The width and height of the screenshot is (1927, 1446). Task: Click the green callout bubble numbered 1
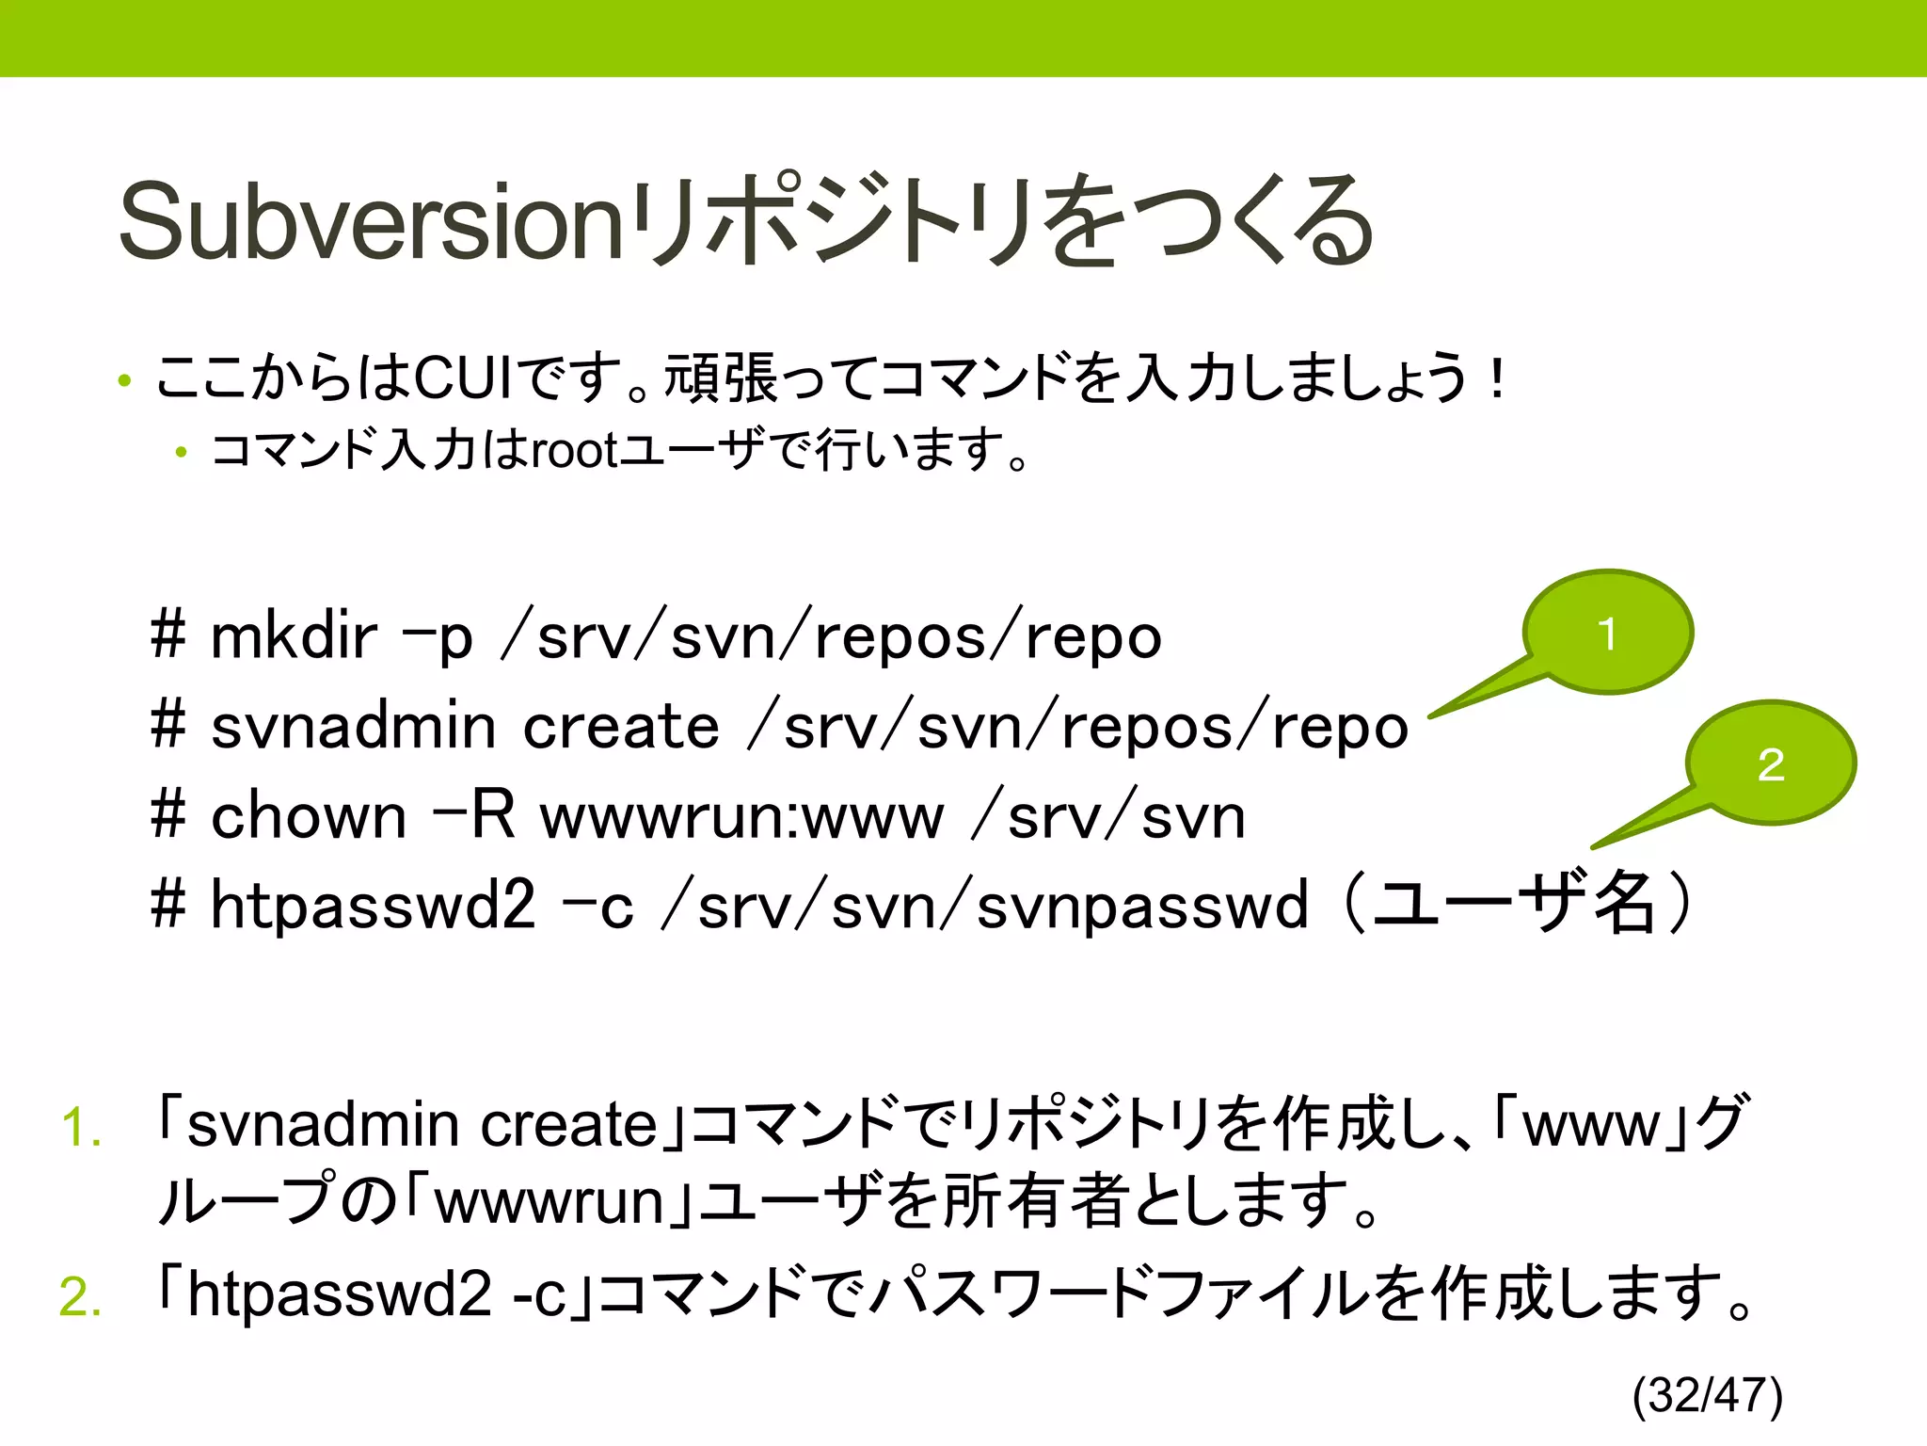[1608, 633]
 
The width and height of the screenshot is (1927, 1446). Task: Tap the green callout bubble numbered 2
[1771, 763]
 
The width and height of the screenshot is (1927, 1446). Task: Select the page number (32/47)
[1708, 1395]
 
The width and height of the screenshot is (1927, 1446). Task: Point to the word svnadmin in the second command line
[353, 727]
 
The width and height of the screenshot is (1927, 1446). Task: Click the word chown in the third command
[309, 815]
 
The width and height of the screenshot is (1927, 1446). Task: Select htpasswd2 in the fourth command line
[373, 905]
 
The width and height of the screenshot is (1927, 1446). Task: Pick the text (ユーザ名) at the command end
[1516, 904]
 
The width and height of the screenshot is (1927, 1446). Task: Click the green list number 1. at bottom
[81, 1127]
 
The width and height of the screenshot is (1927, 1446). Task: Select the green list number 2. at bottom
[81, 1296]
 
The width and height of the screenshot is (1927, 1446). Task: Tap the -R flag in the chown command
[474, 815]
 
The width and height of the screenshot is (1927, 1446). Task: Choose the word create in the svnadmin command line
[621, 727]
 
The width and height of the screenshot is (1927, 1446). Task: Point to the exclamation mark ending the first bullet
[1497, 378]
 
